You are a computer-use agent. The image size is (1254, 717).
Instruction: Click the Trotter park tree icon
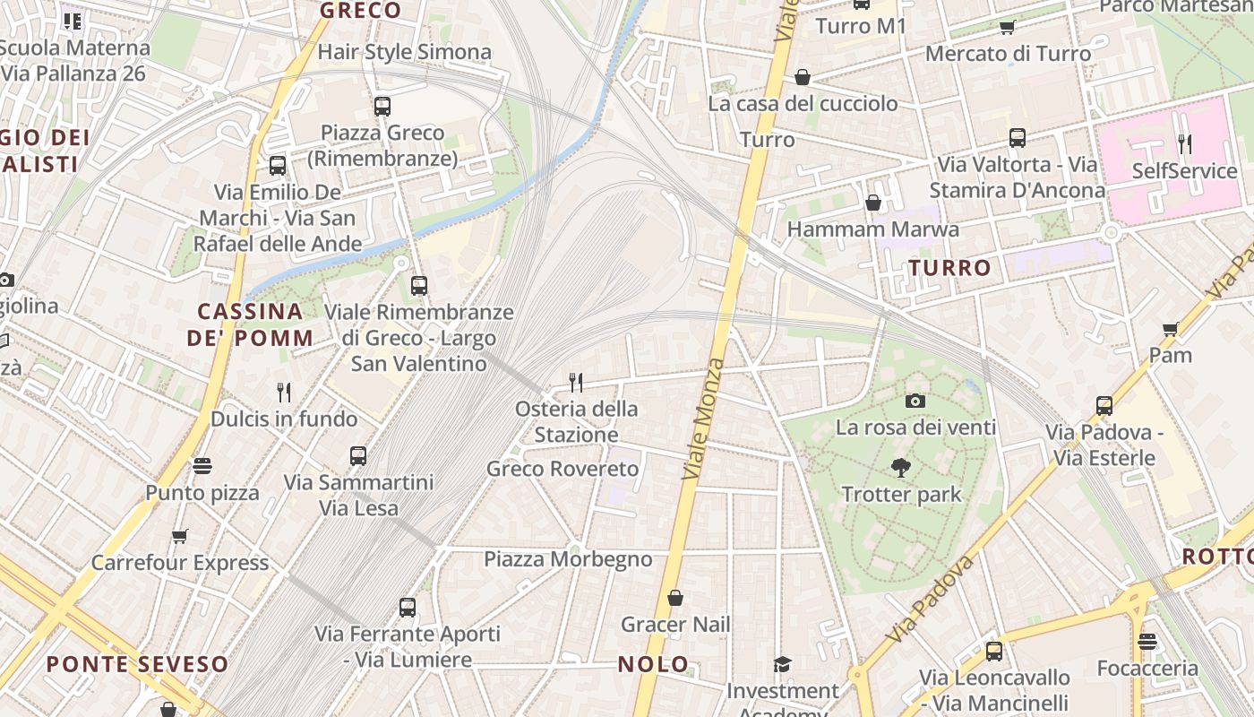(900, 467)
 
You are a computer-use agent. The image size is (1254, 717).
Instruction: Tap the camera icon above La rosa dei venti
(915, 401)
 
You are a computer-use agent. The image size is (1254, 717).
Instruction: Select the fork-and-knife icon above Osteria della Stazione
(576, 383)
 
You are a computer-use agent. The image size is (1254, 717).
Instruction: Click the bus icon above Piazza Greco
(382, 106)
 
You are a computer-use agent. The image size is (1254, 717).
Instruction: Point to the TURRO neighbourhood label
(949, 267)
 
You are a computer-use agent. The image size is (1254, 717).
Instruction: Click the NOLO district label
(654, 664)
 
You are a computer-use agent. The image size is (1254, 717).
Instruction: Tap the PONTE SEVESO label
(138, 664)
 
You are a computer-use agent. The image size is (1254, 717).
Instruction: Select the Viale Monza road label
(702, 418)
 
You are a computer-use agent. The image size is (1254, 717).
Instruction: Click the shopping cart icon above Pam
(1170, 329)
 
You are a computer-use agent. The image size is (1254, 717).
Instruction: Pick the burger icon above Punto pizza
(202, 466)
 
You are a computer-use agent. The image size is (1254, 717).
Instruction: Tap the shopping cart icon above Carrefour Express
(180, 536)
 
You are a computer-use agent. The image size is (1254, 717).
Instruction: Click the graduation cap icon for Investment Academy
(783, 664)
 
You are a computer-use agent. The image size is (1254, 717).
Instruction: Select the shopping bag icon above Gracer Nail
(675, 598)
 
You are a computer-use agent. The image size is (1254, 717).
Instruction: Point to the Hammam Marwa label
(872, 229)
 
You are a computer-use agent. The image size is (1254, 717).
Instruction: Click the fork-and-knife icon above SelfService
(1184, 143)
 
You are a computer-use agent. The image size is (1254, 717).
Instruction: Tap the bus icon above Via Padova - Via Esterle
(1104, 406)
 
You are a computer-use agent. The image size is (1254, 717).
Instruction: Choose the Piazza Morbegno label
(568, 559)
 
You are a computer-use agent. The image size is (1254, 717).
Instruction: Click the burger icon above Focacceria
(1147, 642)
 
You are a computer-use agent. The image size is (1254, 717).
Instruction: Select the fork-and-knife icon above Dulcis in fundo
(284, 392)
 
